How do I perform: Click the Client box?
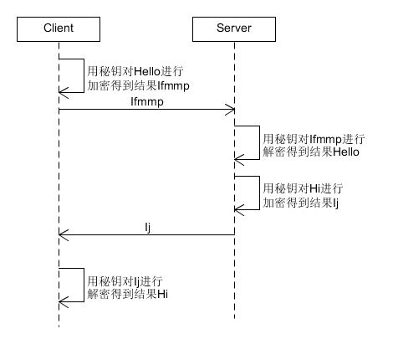[x=59, y=28]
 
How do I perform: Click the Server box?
[x=233, y=28]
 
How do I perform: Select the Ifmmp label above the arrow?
[x=146, y=100]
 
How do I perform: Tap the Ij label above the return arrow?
[x=145, y=226]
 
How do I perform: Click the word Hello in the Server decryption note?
[x=346, y=153]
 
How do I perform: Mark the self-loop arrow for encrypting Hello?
[x=84, y=75]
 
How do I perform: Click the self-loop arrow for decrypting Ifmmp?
[x=258, y=142]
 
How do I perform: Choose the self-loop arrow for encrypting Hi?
[x=258, y=193]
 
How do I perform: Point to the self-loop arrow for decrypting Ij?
[x=84, y=285]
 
